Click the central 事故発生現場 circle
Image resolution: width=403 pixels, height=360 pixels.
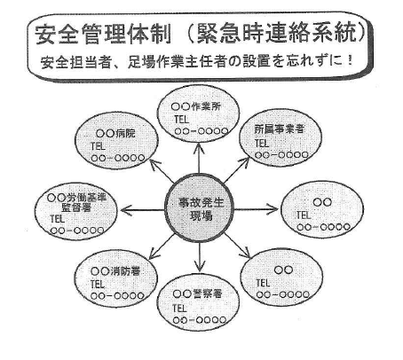coord(199,208)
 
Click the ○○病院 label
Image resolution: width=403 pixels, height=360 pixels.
coord(115,134)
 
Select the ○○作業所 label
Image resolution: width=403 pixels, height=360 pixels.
coord(196,106)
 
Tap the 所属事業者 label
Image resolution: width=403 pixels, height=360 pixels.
coord(280,129)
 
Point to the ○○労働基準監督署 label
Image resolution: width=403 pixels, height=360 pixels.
coord(76,202)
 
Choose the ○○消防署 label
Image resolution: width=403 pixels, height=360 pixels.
coord(115,271)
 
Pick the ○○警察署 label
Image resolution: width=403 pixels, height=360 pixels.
coord(197,293)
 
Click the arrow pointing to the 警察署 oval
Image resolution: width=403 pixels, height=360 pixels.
coord(200,256)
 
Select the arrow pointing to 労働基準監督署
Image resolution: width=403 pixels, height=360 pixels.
coord(143,210)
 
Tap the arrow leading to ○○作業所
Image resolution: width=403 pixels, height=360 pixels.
coord(199,157)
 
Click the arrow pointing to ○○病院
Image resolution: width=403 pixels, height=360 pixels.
coord(162,171)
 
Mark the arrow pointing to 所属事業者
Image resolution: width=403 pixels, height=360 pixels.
coord(237,169)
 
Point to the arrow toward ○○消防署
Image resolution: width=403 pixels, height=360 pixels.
coord(162,247)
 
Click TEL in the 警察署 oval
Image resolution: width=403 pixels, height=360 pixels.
coord(179,308)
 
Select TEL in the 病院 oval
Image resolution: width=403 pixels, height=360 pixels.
coord(99,146)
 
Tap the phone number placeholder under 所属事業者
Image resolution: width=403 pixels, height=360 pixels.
coord(281,154)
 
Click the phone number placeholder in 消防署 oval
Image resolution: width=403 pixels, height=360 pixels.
coord(117,295)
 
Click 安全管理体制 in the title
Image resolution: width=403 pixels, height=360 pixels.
coord(103,35)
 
